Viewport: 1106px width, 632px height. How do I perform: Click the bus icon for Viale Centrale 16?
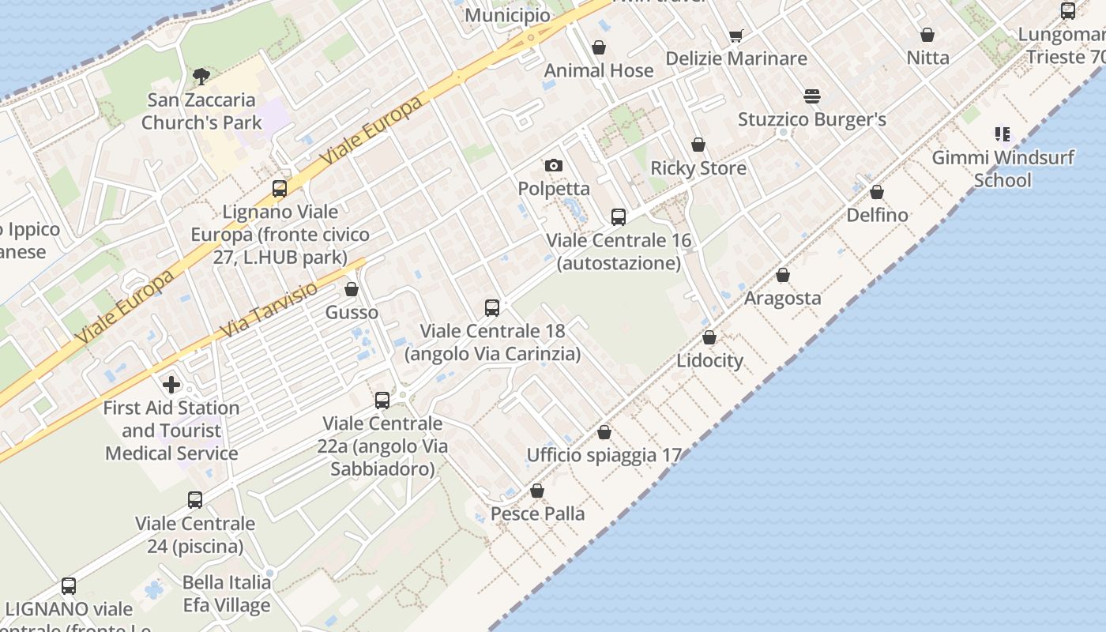[x=619, y=217]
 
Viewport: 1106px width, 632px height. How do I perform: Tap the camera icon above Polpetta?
[x=554, y=165]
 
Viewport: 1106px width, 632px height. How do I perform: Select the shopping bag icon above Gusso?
[x=352, y=289]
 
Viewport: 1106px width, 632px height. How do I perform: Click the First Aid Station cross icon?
[x=171, y=385]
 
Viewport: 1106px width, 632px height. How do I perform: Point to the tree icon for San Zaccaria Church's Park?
[x=201, y=77]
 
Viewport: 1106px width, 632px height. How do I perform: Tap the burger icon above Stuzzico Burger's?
[x=812, y=96]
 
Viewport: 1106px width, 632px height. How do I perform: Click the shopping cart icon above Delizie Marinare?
[x=736, y=36]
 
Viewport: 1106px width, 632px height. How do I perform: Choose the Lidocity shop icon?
[x=709, y=337]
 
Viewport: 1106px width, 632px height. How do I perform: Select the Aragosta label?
[x=782, y=299]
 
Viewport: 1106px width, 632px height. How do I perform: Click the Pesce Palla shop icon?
[x=537, y=491]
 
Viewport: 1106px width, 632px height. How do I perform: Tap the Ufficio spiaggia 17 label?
[x=604, y=455]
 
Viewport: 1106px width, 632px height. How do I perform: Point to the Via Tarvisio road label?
[x=269, y=309]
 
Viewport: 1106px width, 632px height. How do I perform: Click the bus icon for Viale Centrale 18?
[x=492, y=308]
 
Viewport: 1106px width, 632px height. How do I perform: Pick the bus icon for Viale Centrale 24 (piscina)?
[x=195, y=500]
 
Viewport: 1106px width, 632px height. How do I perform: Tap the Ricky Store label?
[x=698, y=168]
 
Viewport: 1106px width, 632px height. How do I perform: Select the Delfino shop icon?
[x=877, y=192]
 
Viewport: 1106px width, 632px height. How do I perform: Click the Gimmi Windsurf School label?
[x=1003, y=168]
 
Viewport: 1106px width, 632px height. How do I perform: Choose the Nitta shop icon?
[x=927, y=35]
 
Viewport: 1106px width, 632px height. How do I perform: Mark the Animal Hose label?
[x=599, y=70]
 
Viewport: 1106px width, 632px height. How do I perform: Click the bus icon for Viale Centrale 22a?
[x=382, y=401]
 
